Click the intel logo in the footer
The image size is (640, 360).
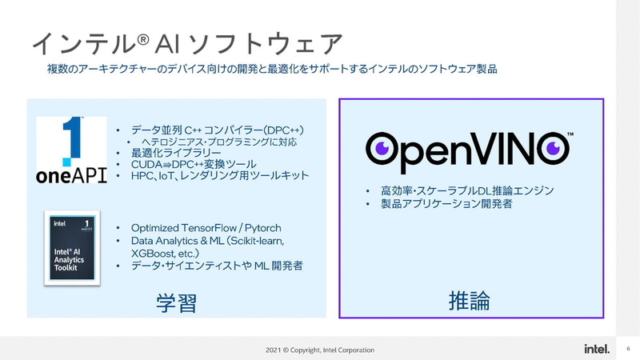click(597, 349)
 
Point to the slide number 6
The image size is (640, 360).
click(629, 349)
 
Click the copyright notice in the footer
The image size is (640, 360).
click(320, 350)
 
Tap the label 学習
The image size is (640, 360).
click(177, 303)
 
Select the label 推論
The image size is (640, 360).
click(469, 301)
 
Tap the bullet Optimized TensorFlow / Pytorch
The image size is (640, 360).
click(206, 228)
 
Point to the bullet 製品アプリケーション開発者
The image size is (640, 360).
click(445, 205)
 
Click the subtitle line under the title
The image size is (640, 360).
click(273, 70)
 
